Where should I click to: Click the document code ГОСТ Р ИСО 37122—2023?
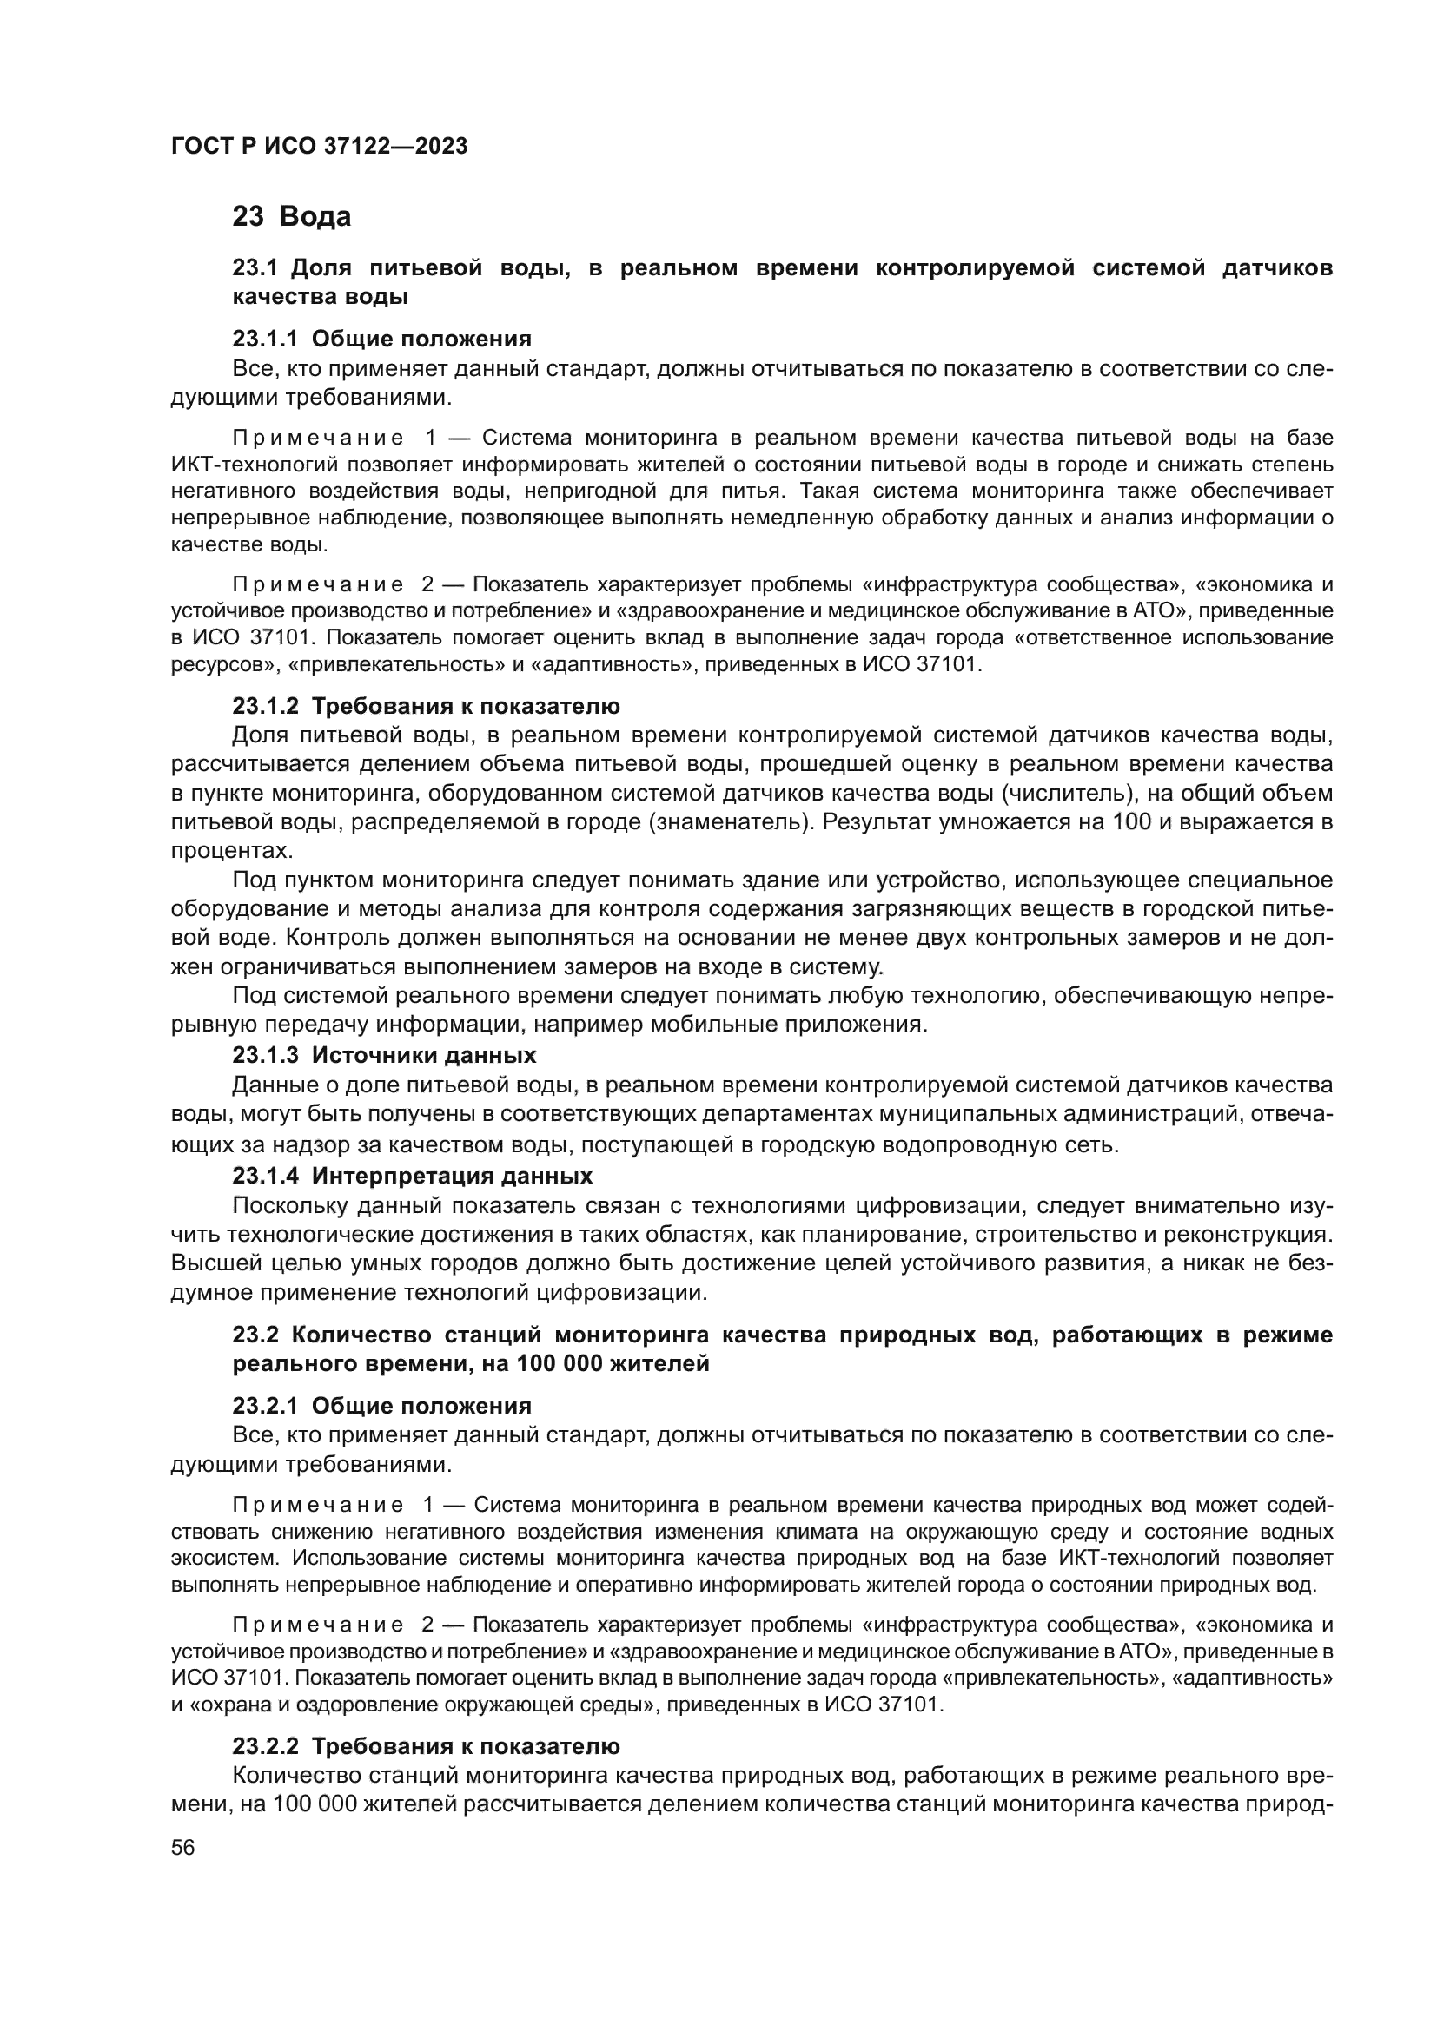(320, 146)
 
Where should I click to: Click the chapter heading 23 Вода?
(291, 217)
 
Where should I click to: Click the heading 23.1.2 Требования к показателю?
(426, 706)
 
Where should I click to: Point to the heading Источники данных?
(424, 1054)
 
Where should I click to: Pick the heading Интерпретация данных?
(452, 1176)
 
